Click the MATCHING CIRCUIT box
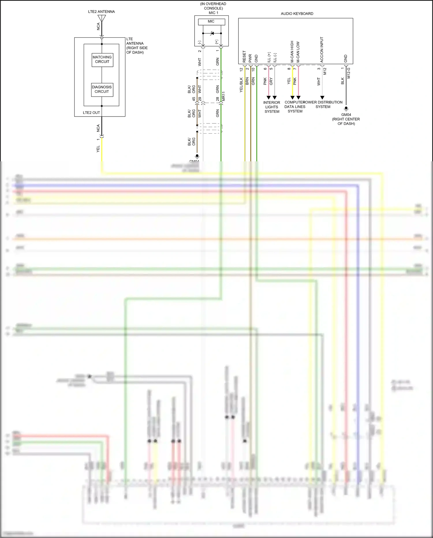point(102,60)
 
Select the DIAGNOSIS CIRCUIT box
point(102,89)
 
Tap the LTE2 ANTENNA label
point(101,12)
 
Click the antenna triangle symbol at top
point(102,18)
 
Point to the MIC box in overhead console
point(211,21)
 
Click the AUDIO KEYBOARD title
point(297,14)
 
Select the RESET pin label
point(244,57)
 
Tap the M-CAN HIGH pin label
point(292,52)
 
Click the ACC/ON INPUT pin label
point(322,50)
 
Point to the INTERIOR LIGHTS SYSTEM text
point(272,107)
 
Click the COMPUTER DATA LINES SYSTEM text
point(295,107)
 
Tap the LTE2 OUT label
point(91,113)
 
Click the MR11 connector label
point(223,96)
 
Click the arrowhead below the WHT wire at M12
point(322,98)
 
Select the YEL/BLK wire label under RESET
point(241,85)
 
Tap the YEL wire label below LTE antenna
point(98,149)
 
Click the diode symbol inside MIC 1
point(212,34)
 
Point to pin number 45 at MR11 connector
point(194,99)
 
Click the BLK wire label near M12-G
point(343,81)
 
